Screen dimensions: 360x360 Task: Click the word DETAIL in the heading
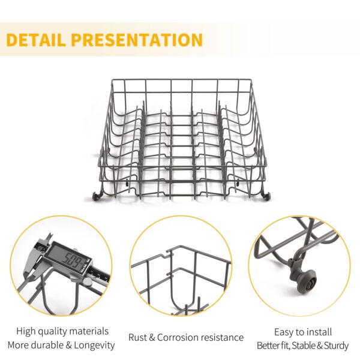(x=35, y=40)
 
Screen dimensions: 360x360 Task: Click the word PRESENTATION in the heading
(x=137, y=40)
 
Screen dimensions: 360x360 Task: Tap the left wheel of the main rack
(x=95, y=196)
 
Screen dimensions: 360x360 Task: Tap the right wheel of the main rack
(x=266, y=197)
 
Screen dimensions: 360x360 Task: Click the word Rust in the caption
(x=137, y=337)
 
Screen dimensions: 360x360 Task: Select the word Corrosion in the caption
(x=178, y=337)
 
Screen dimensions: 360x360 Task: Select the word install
(x=319, y=332)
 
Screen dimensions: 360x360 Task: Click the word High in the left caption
(x=26, y=332)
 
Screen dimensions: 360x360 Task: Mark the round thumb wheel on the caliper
(x=87, y=282)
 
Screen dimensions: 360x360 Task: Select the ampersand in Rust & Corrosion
(x=152, y=337)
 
